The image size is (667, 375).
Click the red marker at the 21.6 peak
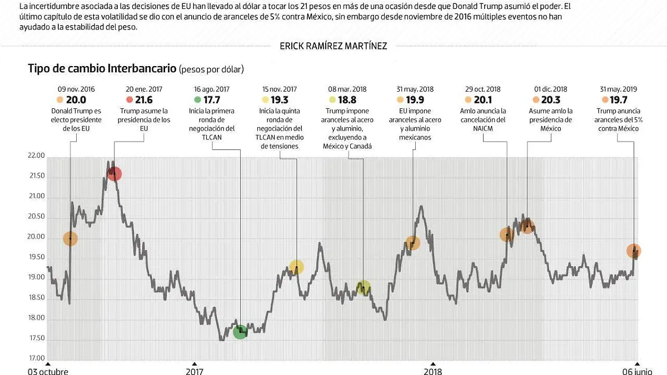pos(115,174)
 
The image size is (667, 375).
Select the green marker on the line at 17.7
pos(240,332)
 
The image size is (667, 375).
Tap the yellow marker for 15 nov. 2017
pos(297,267)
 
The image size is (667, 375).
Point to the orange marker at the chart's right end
pos(634,251)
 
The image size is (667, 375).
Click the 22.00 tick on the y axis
pos(36,156)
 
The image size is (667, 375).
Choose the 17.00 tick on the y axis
pos(36,359)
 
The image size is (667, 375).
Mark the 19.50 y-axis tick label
pos(36,257)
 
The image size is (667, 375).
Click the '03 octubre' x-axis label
pos(49,371)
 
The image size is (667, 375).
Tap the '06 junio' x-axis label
pos(636,371)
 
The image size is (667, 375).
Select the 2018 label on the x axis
pos(432,371)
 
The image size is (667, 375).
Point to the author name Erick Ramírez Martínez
pos(333,46)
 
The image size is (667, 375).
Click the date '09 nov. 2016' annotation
pos(76,89)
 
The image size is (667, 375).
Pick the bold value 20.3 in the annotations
pos(550,99)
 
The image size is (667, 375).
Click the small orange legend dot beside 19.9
pos(400,100)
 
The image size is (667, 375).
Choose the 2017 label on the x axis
pos(194,371)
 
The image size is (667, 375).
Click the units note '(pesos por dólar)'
pos(211,69)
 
